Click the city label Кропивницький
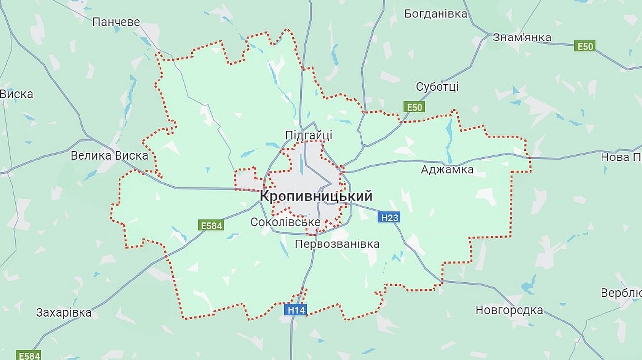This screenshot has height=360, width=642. tap(316, 196)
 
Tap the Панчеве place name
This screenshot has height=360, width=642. tap(116, 22)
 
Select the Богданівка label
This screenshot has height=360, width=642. tap(436, 14)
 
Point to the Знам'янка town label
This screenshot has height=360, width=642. tap(522, 37)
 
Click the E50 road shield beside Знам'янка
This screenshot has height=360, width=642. tap(584, 46)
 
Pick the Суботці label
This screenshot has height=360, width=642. tap(437, 87)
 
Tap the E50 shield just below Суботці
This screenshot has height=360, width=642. tap(414, 107)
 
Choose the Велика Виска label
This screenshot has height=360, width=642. tap(109, 156)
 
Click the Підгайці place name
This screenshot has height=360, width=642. tap(309, 135)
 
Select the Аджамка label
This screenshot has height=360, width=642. tap(447, 170)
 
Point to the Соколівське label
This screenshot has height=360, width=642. tap(285, 222)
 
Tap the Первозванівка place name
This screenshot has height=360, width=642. tap(337, 244)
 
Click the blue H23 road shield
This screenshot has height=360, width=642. tap(388, 217)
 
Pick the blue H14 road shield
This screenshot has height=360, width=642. tap(296, 310)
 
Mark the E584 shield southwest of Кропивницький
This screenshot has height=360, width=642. tap(211, 225)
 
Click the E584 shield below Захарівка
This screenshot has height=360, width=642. tap(29, 355)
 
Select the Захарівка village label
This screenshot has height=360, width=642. tap(64, 313)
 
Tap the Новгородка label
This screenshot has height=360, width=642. tap(509, 310)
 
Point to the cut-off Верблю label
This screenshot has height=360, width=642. tap(621, 293)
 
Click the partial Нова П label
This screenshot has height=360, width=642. tap(621, 157)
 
